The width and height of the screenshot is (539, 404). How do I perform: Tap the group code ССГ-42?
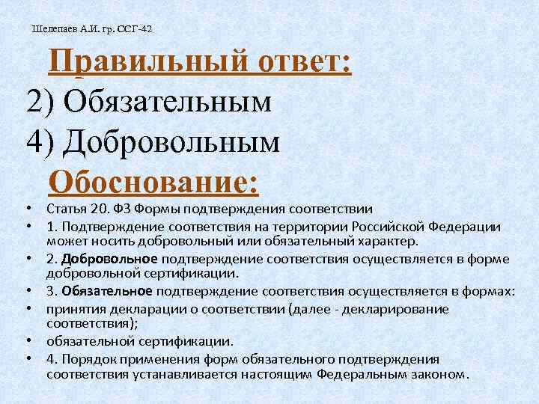pyautogui.click(x=135, y=29)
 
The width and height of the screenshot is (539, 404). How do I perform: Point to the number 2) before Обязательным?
pyautogui.click(x=39, y=101)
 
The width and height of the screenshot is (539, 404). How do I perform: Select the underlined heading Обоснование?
pyautogui.click(x=153, y=181)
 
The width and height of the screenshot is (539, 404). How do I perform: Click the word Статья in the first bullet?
pyautogui.click(x=65, y=208)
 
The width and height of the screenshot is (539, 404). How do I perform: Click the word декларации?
pyautogui.click(x=141, y=307)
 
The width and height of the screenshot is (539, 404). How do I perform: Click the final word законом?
pyautogui.click(x=441, y=373)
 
